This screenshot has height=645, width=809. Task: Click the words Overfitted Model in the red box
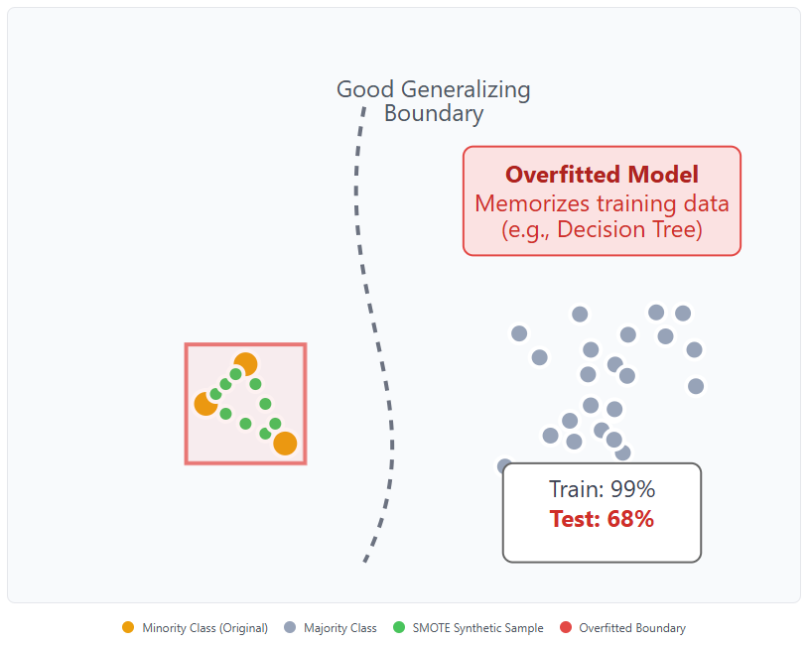tap(602, 175)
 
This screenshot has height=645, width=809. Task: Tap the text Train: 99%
tap(602, 489)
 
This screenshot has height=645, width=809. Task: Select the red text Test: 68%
tap(602, 518)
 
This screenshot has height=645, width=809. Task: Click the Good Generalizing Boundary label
tap(434, 101)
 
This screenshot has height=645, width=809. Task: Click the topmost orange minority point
tap(245, 364)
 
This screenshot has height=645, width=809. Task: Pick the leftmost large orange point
tap(205, 404)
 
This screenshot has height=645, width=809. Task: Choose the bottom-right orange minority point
tap(285, 444)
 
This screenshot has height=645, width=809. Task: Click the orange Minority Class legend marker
tap(127, 628)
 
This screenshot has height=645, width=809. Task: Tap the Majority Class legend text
tap(340, 628)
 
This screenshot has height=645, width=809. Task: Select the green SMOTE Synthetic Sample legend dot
tap(399, 628)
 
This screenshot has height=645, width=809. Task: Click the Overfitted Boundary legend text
tap(632, 628)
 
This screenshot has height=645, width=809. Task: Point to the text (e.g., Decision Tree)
tap(602, 230)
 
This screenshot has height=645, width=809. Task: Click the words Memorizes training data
tap(602, 203)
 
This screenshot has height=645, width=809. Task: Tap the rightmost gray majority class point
tap(696, 386)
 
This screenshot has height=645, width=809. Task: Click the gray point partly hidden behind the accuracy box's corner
tap(504, 465)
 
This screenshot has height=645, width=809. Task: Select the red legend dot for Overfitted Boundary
tap(566, 628)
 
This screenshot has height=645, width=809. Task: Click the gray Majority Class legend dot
tap(290, 628)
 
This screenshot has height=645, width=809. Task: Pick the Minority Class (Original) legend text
tap(205, 628)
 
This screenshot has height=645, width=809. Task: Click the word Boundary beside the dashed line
tap(434, 114)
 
